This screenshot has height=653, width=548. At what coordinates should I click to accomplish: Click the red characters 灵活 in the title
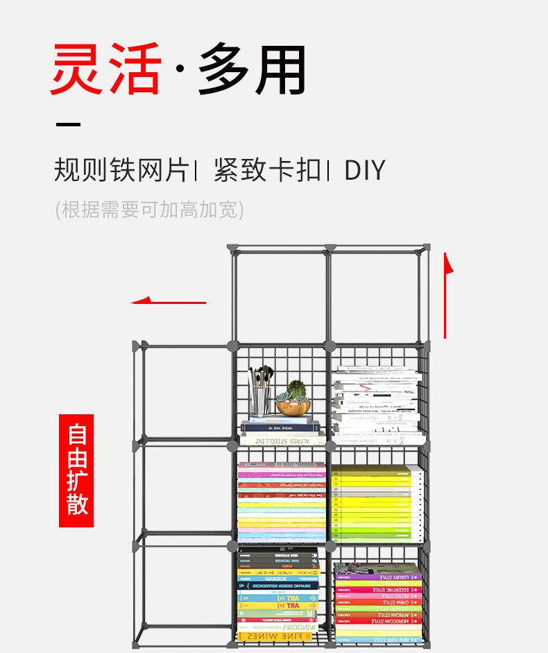105,70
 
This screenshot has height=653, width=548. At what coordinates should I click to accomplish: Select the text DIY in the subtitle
364,170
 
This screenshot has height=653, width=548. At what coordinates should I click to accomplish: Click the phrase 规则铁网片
121,170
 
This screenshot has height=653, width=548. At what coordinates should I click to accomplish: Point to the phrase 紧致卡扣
268,170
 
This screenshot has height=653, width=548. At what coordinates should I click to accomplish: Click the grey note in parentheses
149,209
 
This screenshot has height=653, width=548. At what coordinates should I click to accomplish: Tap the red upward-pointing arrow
446,295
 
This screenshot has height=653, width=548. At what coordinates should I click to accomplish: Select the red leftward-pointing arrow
169,302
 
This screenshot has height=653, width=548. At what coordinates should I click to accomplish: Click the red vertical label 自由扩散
76,470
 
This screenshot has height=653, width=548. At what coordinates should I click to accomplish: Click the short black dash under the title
68,125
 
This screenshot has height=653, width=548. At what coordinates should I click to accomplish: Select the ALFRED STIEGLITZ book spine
280,439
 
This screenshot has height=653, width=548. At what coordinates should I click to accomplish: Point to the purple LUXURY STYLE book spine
379,577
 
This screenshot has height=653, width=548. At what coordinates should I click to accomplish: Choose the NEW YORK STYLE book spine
379,639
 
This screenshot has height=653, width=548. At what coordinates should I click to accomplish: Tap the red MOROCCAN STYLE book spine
379,621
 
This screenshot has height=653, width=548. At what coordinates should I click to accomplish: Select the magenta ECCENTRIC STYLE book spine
379,589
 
